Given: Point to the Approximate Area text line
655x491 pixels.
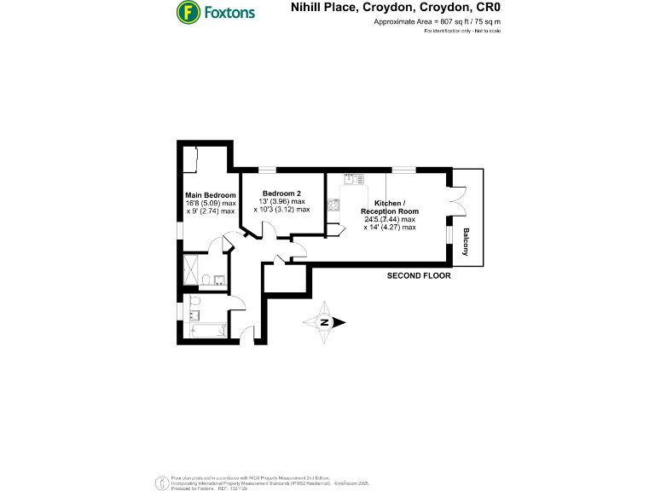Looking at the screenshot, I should pos(437,21).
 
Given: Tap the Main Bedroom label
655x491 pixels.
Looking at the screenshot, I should pos(210,195).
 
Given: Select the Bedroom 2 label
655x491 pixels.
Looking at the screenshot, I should pos(281,193).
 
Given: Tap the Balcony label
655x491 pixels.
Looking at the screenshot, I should pos(466,242).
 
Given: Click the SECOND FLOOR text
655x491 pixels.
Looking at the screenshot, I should pos(419,276).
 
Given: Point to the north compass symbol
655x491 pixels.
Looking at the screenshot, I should pos(325,322).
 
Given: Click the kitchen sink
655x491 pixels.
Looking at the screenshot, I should pos(354,180).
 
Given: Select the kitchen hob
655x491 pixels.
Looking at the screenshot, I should pos(334,205).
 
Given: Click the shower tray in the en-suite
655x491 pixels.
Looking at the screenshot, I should pos(190,270).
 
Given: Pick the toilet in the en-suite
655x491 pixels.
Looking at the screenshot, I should pos(206,280).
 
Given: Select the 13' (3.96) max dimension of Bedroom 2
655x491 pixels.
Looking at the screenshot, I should pos(281,201).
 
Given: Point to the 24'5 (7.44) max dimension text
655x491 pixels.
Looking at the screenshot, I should pos(389,219).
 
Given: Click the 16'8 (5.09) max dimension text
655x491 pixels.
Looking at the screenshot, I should pos(210,203).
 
